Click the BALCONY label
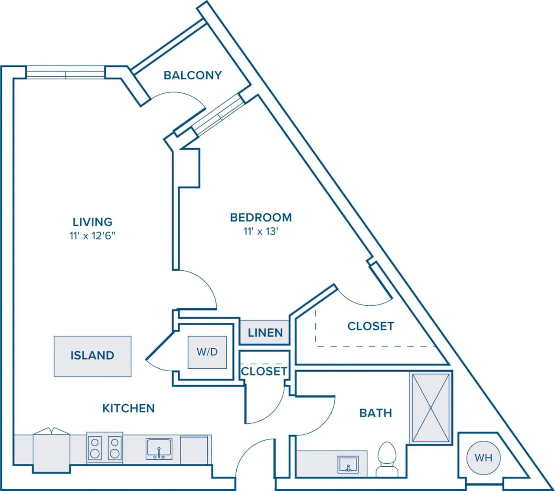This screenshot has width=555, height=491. (193, 75)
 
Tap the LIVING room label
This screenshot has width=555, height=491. (92, 222)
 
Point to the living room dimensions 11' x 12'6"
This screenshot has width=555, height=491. (92, 236)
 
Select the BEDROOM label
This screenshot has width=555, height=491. (261, 217)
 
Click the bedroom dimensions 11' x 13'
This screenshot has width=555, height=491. (260, 231)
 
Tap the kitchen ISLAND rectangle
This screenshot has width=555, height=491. (92, 356)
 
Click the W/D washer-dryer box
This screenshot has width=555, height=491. (207, 352)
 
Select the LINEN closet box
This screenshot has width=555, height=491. (265, 333)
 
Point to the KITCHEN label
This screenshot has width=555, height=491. (128, 408)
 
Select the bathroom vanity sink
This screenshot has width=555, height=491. (348, 464)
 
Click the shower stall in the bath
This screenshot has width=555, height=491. (431, 408)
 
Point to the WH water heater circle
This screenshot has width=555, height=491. (483, 458)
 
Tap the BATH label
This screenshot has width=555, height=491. (375, 412)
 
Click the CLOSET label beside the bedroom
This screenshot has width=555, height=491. (370, 326)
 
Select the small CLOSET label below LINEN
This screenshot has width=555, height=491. (264, 371)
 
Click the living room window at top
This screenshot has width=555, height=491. (65, 72)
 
